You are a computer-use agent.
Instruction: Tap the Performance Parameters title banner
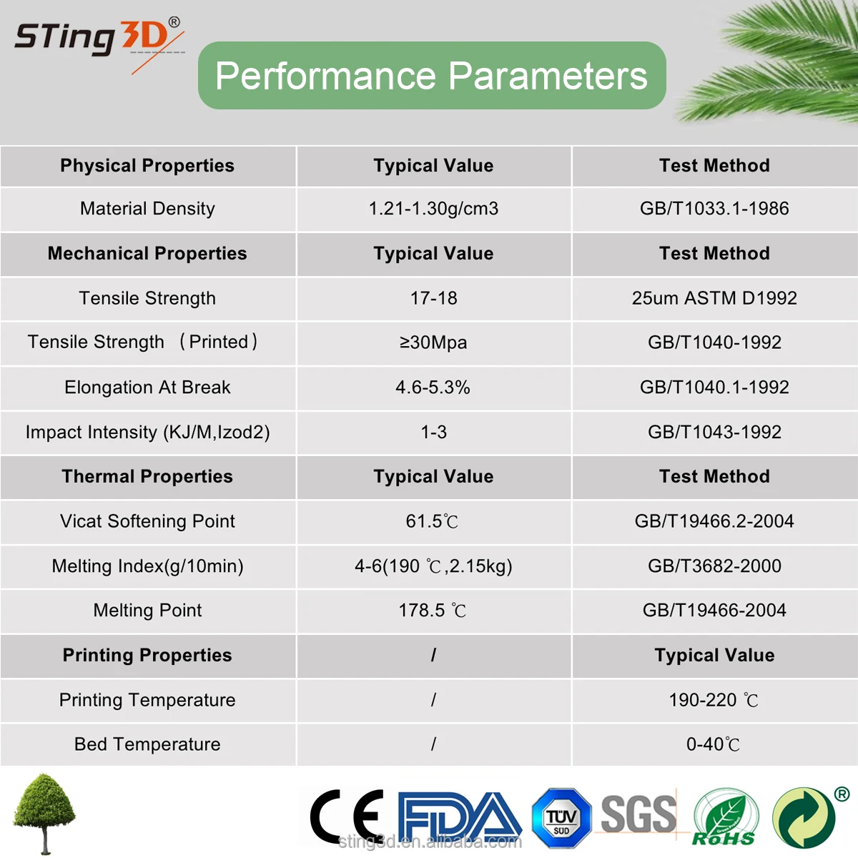432,76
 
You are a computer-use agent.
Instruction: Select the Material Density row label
147,209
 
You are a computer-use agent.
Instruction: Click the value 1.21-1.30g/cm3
433,209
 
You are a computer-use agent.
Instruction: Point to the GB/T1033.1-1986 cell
714,209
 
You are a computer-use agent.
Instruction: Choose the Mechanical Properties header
147,254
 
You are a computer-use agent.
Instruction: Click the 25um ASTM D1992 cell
714,298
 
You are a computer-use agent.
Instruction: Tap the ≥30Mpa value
433,342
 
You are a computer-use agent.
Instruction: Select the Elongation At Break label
147,388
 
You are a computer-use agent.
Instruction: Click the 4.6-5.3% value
433,388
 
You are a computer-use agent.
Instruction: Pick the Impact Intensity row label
147,433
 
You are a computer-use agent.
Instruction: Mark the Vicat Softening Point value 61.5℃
433,522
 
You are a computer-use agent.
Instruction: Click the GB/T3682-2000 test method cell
714,566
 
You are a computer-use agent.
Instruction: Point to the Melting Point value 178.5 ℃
433,611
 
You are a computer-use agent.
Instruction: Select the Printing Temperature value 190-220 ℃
714,700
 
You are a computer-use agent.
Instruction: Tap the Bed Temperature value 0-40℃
714,744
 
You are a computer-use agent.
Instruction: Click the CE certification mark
347,817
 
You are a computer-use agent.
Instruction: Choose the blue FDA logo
459,817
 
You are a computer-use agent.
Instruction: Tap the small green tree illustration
44,812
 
